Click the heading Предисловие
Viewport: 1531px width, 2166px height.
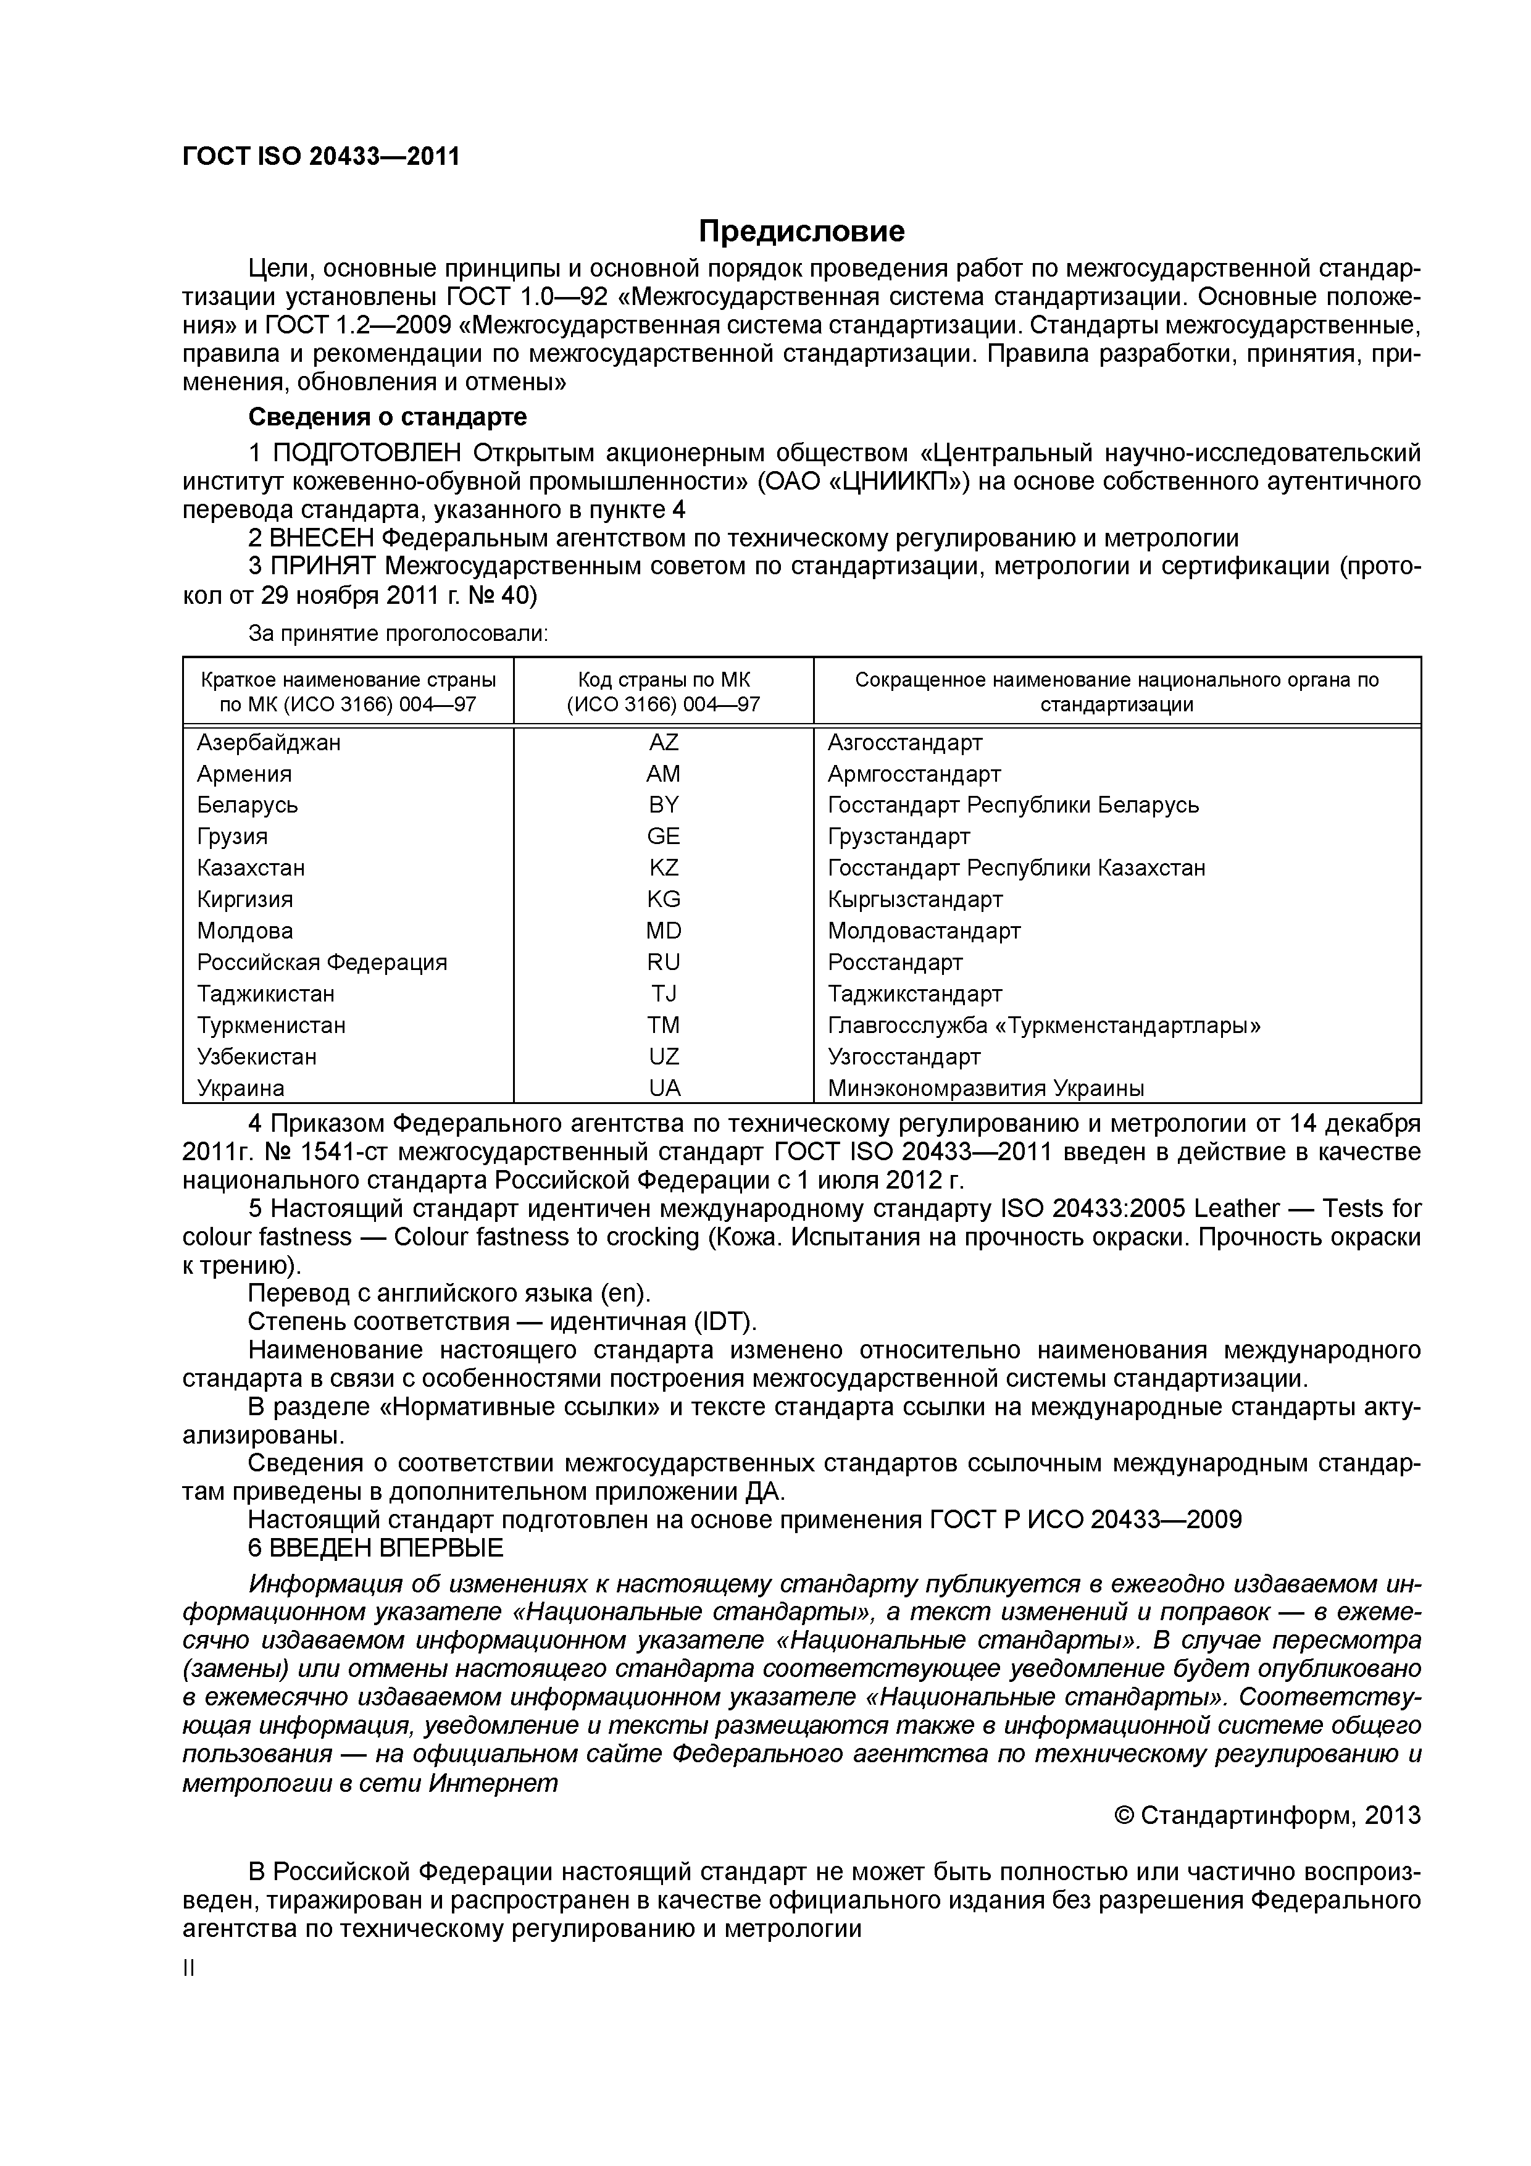(801, 230)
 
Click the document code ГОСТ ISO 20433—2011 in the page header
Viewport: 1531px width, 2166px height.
(321, 157)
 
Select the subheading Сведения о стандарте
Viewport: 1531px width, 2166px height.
(386, 416)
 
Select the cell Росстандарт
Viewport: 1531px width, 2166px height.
(895, 962)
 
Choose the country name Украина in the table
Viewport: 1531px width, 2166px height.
(241, 1088)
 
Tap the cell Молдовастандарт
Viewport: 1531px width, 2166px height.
(924, 931)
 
